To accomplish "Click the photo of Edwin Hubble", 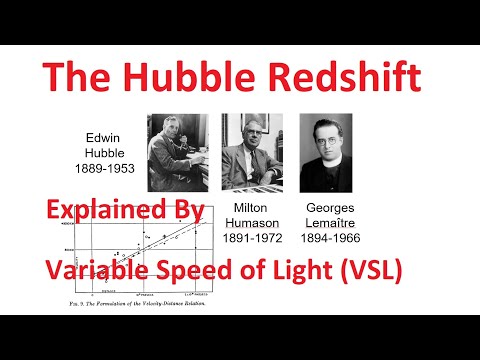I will (x=177, y=152).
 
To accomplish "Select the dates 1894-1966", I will (x=331, y=237).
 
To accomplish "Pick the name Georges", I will (x=330, y=205).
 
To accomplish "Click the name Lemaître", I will (x=330, y=221).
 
